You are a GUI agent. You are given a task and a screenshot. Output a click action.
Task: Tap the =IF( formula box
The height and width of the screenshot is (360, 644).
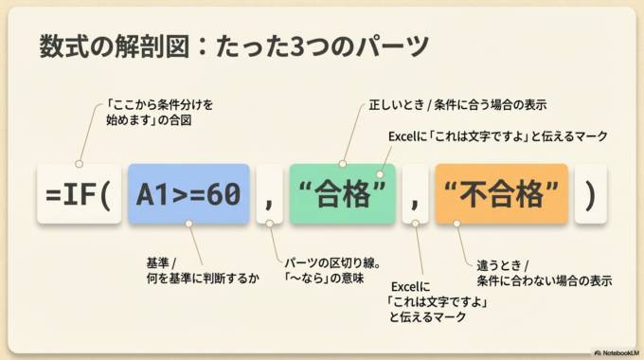(x=79, y=195)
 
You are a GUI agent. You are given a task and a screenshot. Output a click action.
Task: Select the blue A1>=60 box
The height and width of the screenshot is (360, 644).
(x=188, y=195)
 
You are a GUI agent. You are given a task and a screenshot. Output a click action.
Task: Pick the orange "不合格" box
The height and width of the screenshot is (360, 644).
(x=501, y=195)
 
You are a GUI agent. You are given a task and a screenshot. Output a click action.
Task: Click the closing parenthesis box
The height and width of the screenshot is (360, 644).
(x=590, y=195)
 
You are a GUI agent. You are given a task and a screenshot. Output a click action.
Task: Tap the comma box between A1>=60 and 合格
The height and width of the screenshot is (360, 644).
(x=269, y=195)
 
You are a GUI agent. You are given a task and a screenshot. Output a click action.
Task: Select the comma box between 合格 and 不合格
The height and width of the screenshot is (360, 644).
(x=415, y=195)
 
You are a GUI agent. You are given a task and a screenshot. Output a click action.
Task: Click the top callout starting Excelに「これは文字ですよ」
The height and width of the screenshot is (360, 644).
(x=497, y=136)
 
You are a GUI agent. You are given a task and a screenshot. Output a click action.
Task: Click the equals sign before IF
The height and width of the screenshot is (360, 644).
(x=53, y=195)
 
